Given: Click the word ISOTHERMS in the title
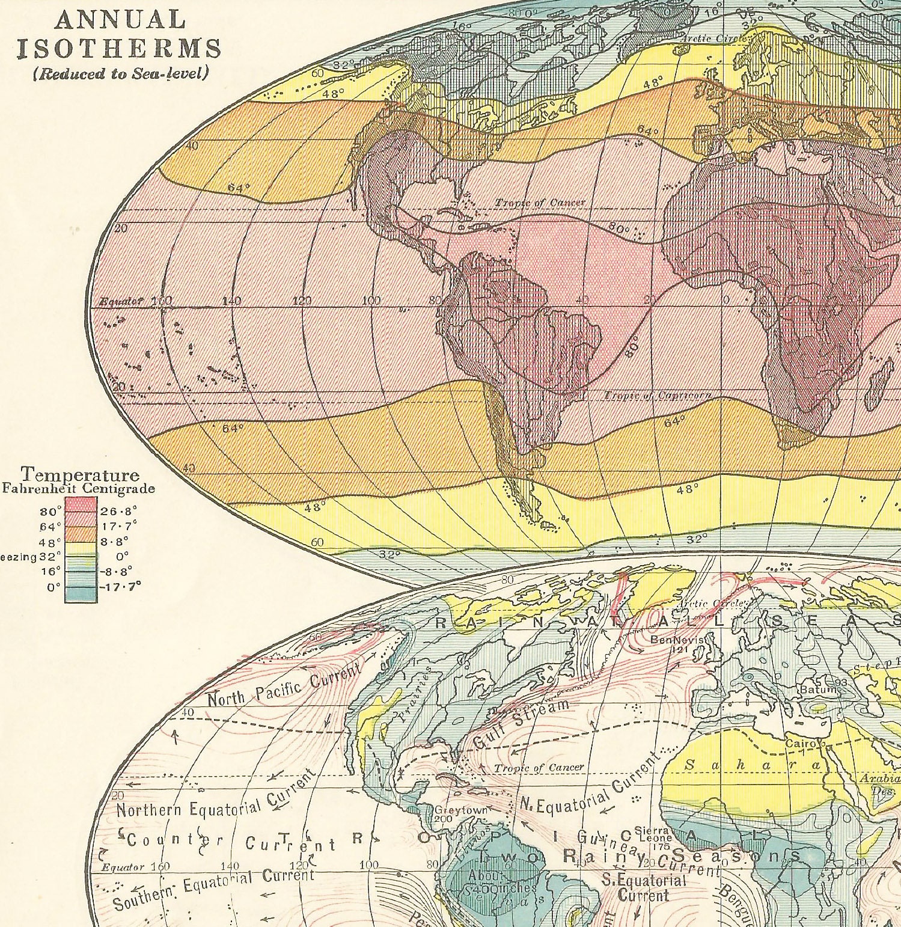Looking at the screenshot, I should tap(120, 47).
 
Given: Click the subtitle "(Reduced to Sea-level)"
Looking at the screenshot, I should tap(121, 73).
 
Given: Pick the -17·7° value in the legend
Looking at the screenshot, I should tap(120, 587).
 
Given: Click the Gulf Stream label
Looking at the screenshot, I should tap(521, 724).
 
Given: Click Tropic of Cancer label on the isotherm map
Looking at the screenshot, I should tap(539, 203).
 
